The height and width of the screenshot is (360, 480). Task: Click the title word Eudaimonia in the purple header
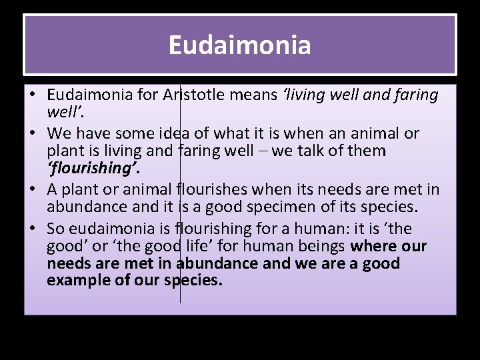[x=239, y=45]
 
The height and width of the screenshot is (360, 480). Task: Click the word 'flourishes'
[x=212, y=189]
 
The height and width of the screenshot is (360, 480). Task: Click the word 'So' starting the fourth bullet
[x=56, y=229]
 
